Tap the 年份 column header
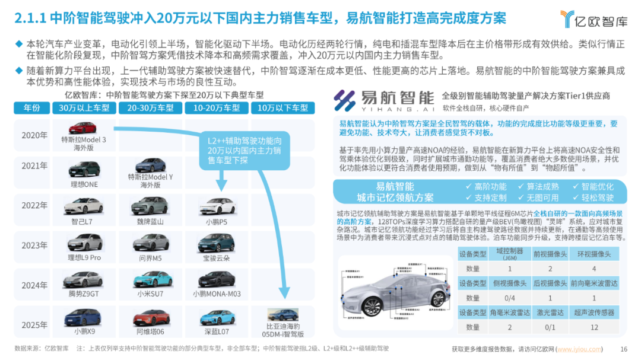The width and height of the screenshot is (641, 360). point(32,108)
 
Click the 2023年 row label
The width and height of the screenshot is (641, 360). point(34,246)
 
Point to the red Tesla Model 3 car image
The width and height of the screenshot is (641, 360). point(84,128)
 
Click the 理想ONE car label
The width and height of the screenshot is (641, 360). point(84,185)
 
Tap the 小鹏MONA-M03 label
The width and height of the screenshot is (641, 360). point(217,294)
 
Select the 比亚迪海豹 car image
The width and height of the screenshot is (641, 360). point(283,314)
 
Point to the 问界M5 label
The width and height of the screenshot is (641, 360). point(150,258)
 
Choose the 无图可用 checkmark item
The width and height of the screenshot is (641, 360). point(538,198)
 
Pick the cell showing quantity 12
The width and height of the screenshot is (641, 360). point(594,327)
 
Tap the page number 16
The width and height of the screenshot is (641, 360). point(623,349)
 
